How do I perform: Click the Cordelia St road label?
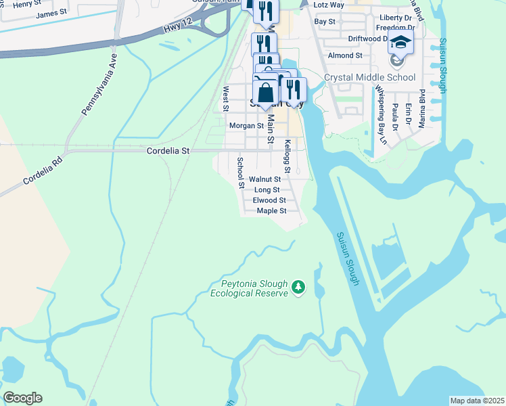(x=168, y=152)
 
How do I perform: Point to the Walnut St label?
(x=264, y=179)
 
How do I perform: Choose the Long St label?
(x=267, y=190)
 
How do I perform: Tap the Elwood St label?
(x=269, y=200)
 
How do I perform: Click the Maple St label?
(x=272, y=211)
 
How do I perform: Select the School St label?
(x=240, y=173)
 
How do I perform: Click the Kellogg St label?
(x=287, y=156)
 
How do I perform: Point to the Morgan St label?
(x=246, y=126)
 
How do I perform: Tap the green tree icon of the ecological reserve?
(x=298, y=288)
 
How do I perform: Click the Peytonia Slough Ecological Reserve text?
(x=250, y=288)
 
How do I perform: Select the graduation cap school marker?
(x=400, y=43)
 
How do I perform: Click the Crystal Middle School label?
(x=369, y=77)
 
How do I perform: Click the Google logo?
(x=22, y=398)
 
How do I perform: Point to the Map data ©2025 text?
(x=477, y=401)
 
